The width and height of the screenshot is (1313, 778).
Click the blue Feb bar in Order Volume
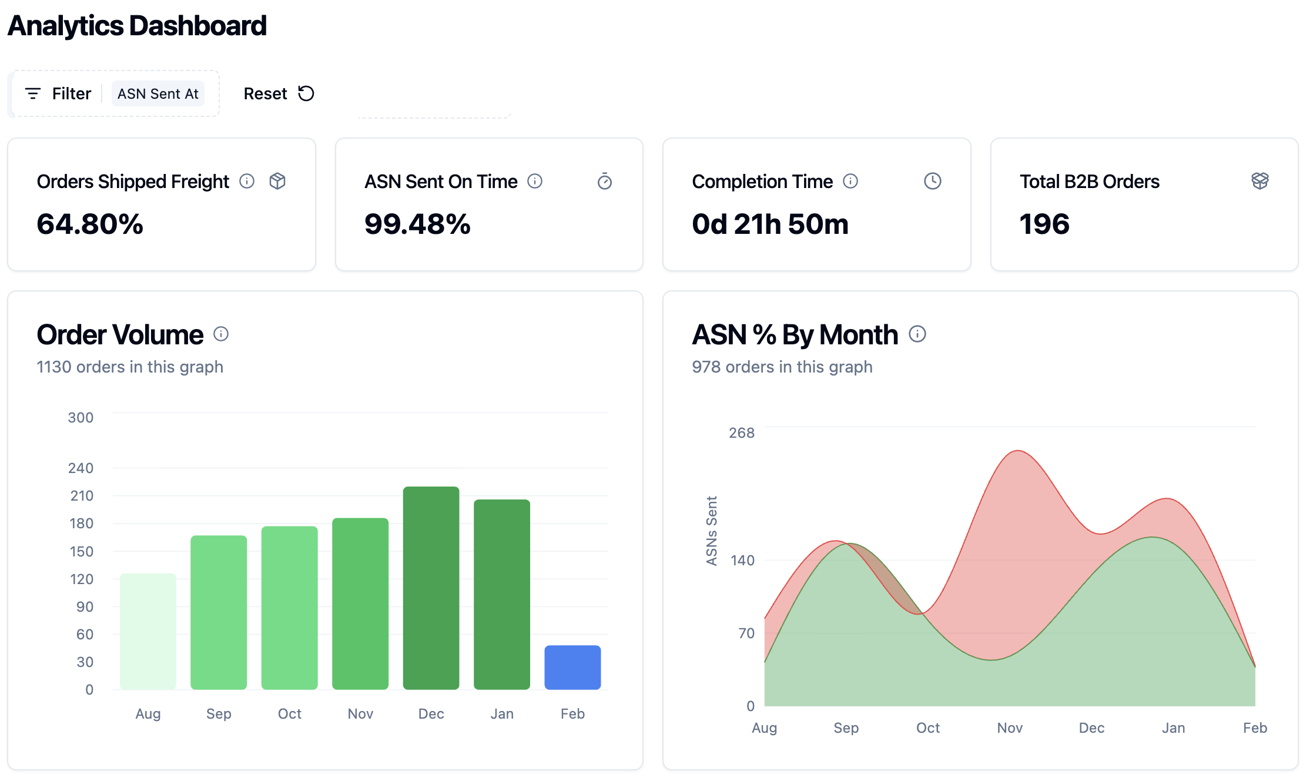coord(572,667)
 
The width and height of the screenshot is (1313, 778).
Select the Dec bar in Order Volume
coord(431,588)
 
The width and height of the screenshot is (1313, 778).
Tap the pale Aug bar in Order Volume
coord(148,631)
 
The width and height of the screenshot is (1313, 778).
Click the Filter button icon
coord(33,93)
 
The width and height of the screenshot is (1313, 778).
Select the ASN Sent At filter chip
coord(158,93)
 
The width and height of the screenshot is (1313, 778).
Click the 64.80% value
coord(90,224)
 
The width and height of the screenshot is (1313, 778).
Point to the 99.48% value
coord(417,224)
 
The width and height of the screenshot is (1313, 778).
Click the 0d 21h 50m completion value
coord(770,224)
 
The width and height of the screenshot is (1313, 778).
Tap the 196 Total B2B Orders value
coord(1044,224)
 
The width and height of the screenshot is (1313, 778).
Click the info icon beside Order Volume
coord(221,334)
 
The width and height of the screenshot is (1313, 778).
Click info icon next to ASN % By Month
coord(917,334)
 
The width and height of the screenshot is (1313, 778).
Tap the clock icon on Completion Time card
coord(933,181)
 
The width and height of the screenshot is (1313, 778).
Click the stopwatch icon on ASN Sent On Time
coord(605,182)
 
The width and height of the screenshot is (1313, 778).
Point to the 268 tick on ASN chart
coord(742,433)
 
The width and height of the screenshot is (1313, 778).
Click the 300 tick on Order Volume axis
coord(81,418)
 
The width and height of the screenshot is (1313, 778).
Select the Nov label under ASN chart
coord(1010,728)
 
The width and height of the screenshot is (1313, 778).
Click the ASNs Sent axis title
coord(712,531)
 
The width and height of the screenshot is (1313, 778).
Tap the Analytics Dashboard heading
coord(137,26)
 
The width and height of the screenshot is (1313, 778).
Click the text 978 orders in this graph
coord(782,367)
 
